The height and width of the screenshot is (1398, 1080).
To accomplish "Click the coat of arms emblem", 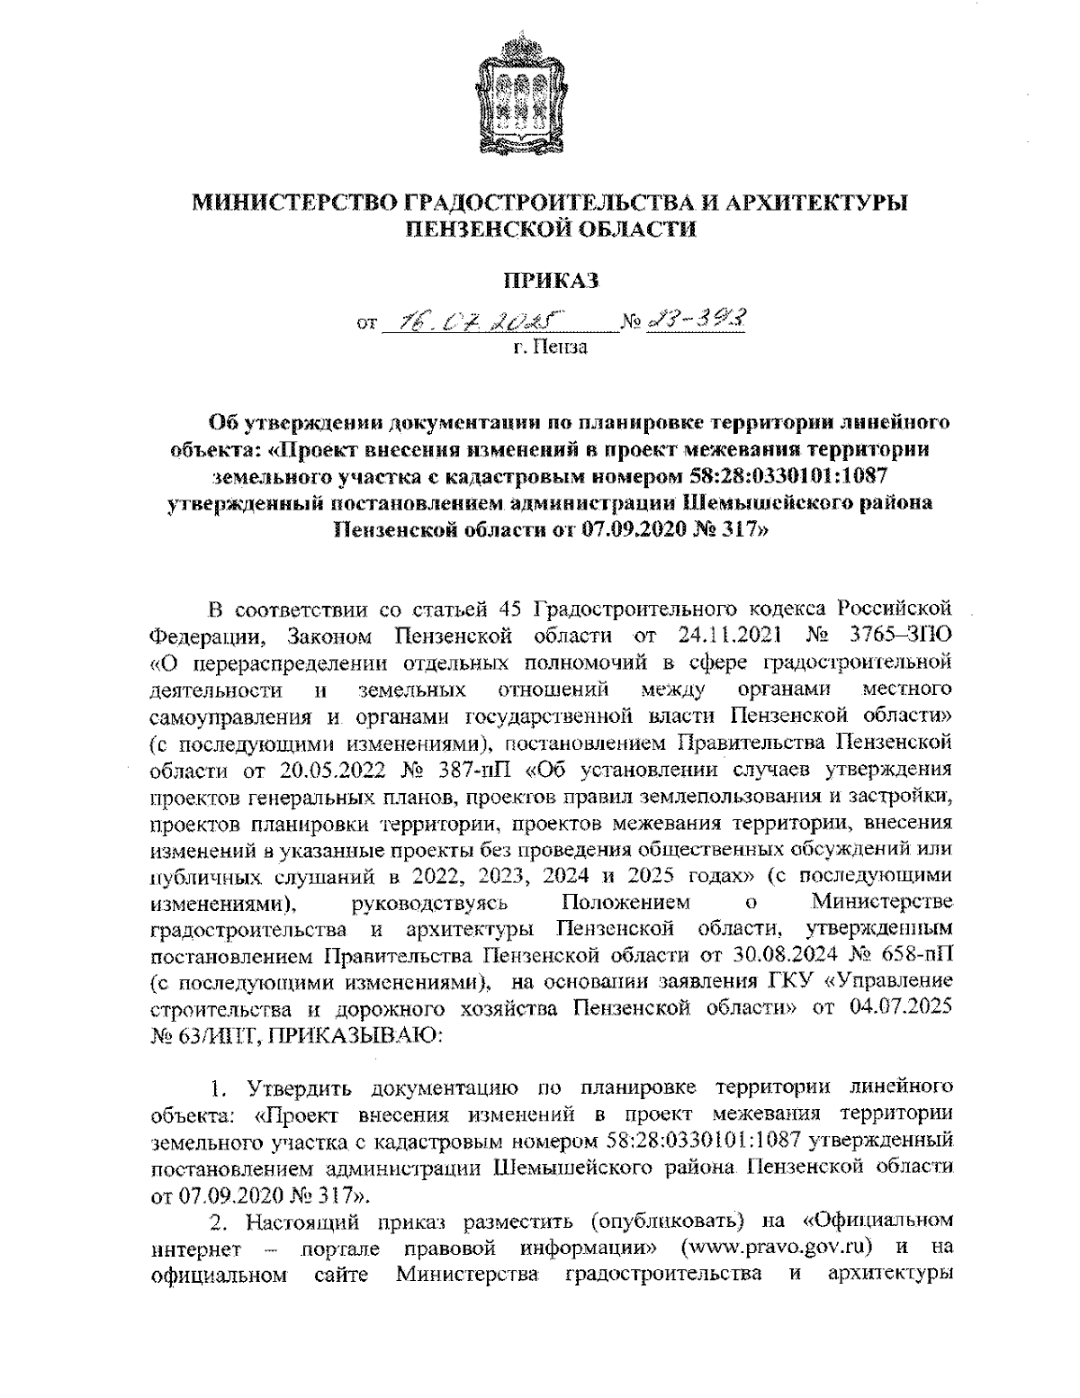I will pos(526,99).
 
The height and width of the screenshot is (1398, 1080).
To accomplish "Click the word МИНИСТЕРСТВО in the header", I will pos(290,203).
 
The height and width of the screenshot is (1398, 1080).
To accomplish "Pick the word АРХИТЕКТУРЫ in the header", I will pos(814,203).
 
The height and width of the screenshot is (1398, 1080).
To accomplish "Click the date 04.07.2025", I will pos(901,1008).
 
